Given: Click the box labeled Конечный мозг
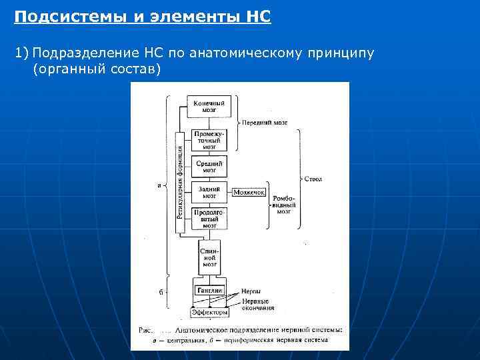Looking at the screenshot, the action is pyautogui.click(x=209, y=106).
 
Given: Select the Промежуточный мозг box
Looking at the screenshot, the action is pyautogui.click(x=209, y=139).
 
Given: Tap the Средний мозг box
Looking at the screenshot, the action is pyautogui.click(x=209, y=166).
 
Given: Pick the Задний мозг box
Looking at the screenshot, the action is pyautogui.click(x=209, y=192).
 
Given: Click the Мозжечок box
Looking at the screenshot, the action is pyautogui.click(x=249, y=192).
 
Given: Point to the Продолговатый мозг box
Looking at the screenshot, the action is pyautogui.click(x=209, y=219).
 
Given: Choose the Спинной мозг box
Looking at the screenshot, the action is pyautogui.click(x=209, y=256).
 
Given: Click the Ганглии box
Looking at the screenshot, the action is pyautogui.click(x=209, y=291).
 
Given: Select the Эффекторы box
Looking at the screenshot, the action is pyautogui.click(x=209, y=311).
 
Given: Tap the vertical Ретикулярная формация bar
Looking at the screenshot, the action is pyautogui.click(x=179, y=182).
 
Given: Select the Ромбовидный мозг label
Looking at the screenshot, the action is pyautogui.click(x=285, y=204).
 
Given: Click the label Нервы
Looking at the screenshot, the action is pyautogui.click(x=251, y=291).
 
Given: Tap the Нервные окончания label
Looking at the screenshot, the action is pyautogui.click(x=258, y=304).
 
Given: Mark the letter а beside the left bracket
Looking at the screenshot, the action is pyautogui.click(x=159, y=185).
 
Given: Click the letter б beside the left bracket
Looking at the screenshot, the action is pyautogui.click(x=160, y=291).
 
